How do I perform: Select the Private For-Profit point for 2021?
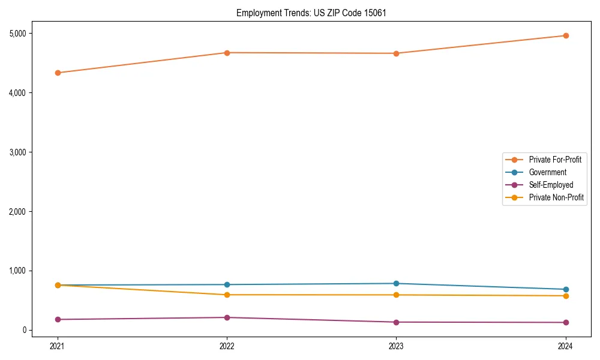(58, 73)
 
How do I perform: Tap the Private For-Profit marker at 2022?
(227, 53)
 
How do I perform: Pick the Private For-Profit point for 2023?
(397, 53)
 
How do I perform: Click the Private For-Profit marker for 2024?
(566, 35)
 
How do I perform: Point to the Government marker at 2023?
(397, 283)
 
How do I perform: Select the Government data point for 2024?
(566, 289)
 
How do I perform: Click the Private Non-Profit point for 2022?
(227, 295)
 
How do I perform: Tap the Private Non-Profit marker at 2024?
(566, 296)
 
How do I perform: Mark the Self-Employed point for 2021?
(58, 319)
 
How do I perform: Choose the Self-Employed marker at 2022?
(227, 317)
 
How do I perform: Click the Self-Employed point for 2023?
(397, 322)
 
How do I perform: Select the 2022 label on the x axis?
(227, 346)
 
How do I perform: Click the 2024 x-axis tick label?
(566, 346)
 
